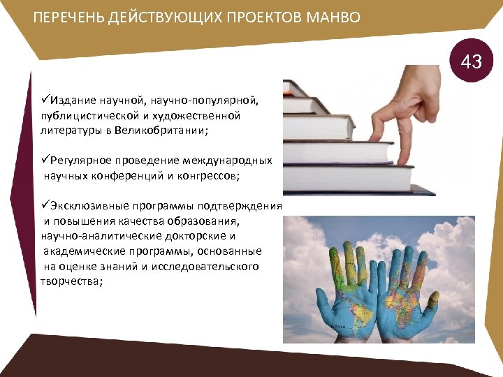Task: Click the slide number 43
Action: point(472,62)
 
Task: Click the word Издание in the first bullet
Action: point(70,101)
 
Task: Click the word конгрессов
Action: point(208,176)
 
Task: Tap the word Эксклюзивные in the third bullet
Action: point(87,207)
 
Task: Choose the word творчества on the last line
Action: point(71,281)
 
